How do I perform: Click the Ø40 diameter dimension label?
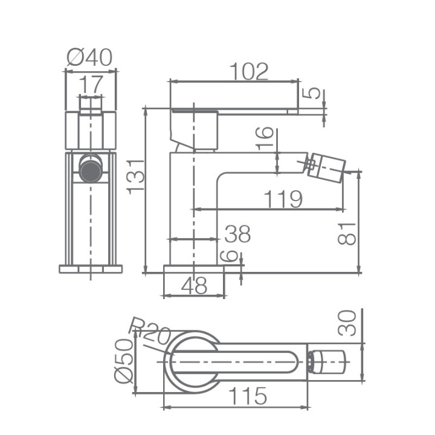[89, 58]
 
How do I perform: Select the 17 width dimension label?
[91, 85]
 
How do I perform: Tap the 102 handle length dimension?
[250, 71]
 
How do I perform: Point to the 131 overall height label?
[136, 176]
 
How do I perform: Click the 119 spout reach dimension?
[283, 199]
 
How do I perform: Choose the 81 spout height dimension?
[347, 234]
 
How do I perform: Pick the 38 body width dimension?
[238, 234]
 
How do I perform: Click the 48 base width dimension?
[194, 285]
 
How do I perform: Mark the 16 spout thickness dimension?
[265, 138]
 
